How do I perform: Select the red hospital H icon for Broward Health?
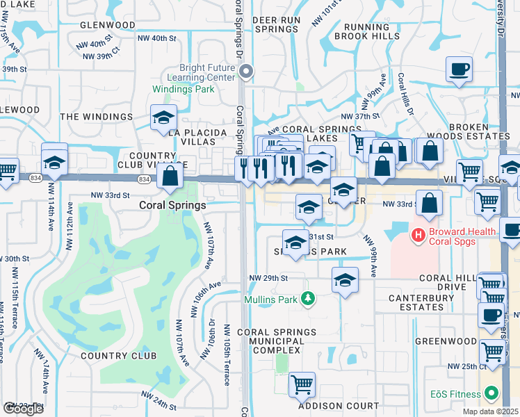[x=418, y=236]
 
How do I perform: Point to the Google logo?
[x=23, y=409]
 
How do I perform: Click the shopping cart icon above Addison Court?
[x=302, y=384]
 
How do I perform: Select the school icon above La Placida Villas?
[x=163, y=117]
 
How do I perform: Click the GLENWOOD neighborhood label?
[x=108, y=25]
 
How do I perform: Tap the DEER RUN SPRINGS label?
[x=277, y=25]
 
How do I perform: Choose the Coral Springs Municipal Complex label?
[x=276, y=341]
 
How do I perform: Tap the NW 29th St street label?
[x=268, y=278]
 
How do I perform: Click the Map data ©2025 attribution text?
[x=491, y=411]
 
